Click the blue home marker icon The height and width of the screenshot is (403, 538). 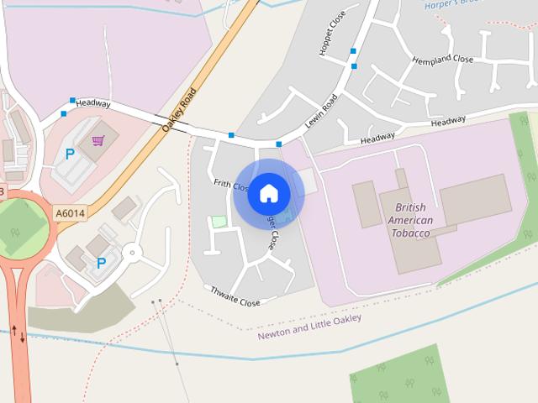(x=269, y=193)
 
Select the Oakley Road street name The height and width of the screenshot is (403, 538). (x=179, y=109)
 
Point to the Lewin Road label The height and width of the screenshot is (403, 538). (x=320, y=110)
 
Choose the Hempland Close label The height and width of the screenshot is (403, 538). (x=442, y=60)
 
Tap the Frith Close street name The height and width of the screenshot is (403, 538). (x=229, y=184)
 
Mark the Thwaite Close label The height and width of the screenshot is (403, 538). (x=235, y=296)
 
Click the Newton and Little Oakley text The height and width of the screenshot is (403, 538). (x=309, y=326)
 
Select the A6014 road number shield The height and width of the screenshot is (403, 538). (x=70, y=214)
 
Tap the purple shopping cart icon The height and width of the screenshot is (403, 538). (x=99, y=140)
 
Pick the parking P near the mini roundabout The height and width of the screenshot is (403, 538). (x=102, y=263)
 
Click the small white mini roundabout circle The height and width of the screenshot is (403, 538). (x=130, y=252)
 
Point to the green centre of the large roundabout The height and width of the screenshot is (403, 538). (x=20, y=228)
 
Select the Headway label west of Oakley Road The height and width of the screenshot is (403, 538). (x=92, y=103)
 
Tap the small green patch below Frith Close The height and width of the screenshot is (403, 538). (x=219, y=222)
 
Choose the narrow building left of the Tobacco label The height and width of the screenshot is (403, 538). (x=368, y=204)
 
